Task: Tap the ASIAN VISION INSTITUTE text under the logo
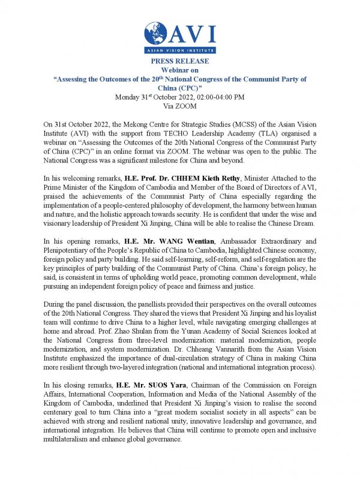(x=180, y=53)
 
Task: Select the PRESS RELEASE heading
(x=180, y=62)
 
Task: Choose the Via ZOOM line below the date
(x=180, y=106)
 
